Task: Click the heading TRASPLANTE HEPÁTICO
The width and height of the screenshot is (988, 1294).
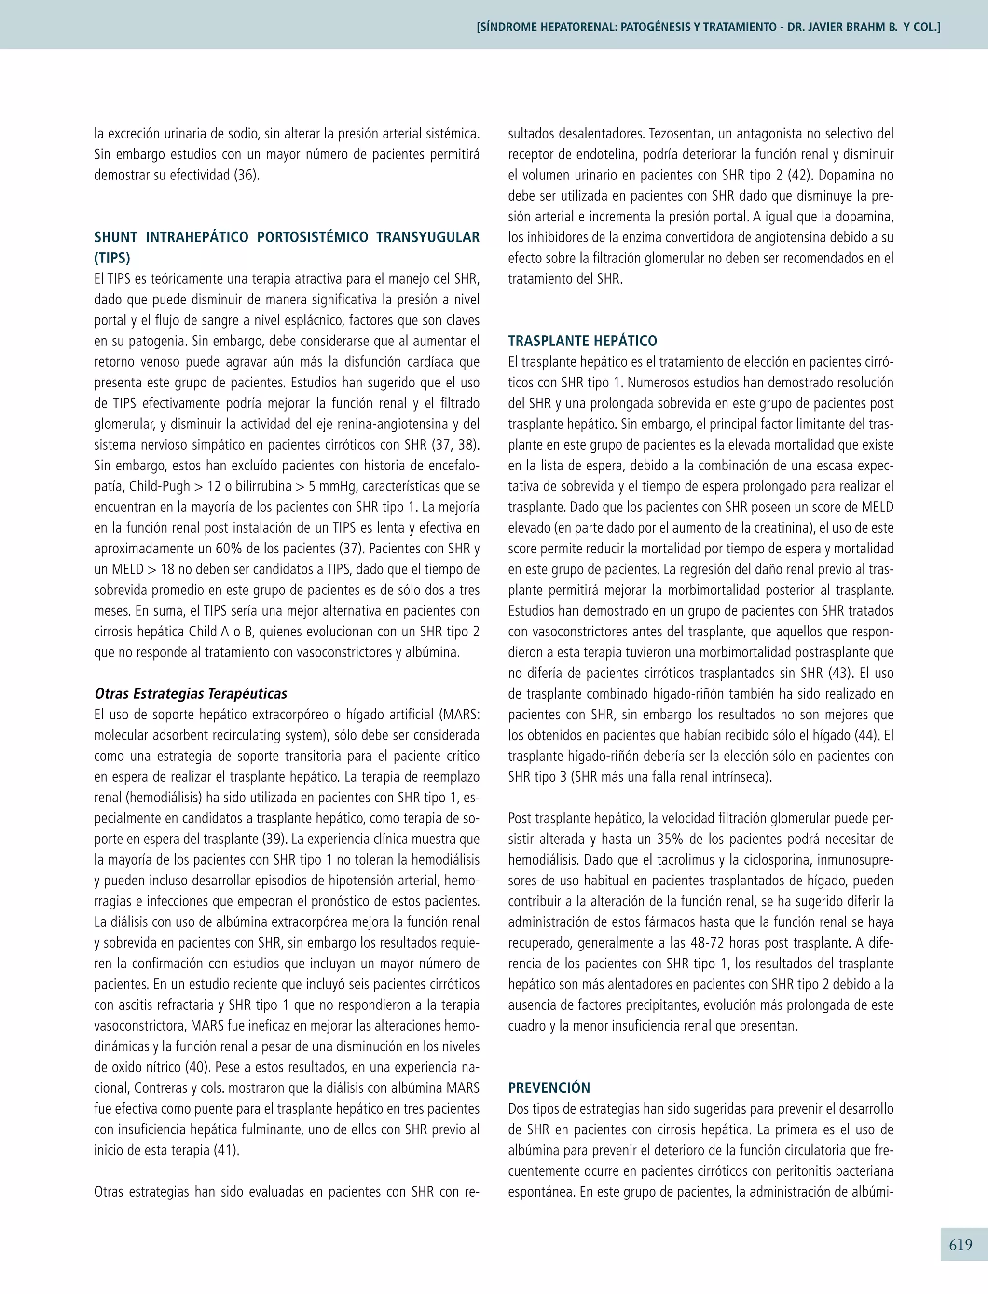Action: click(x=582, y=341)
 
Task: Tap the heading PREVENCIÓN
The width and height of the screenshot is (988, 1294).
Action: click(x=549, y=1088)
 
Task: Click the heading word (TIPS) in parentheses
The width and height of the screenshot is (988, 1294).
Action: click(x=112, y=258)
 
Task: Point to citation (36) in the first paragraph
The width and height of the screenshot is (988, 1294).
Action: click(x=247, y=175)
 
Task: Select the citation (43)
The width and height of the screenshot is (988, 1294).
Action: click(x=840, y=673)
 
